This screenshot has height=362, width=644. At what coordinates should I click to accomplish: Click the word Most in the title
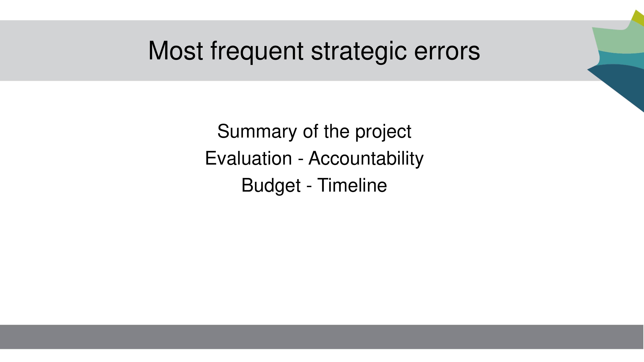click(x=175, y=51)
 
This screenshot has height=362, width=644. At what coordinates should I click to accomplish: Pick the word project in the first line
click(x=383, y=132)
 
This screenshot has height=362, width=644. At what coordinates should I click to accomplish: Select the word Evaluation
click(x=248, y=158)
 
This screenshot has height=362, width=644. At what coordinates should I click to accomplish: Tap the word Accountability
click(x=366, y=159)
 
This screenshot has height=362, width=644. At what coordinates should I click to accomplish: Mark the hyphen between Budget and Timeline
click(x=309, y=187)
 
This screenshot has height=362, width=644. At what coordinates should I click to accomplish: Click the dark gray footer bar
click(x=322, y=337)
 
